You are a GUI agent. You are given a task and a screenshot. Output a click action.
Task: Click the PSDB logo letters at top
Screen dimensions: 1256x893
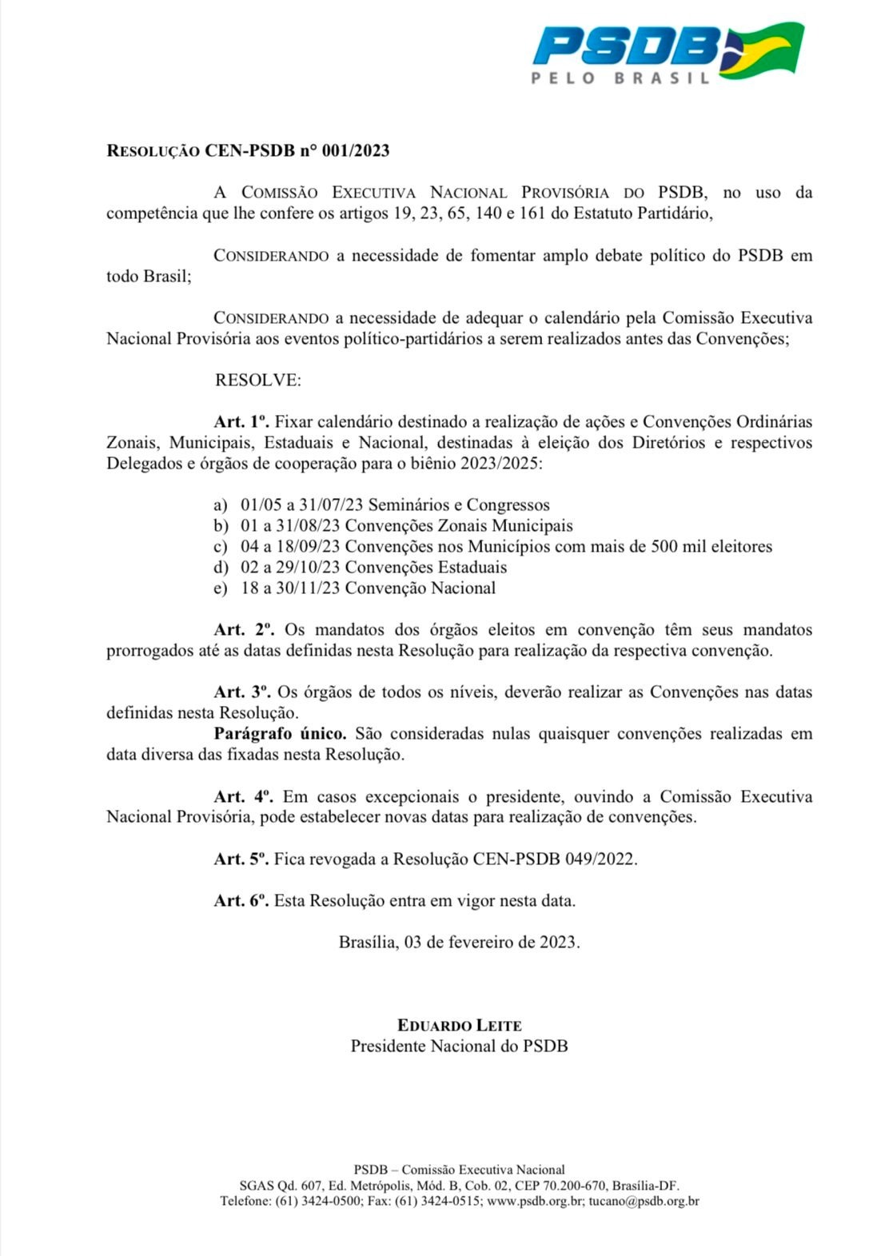click(626, 46)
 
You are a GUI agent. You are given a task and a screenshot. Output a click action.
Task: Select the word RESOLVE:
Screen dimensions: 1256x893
click(257, 380)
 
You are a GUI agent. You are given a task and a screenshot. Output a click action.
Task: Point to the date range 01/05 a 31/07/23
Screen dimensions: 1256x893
click(301, 505)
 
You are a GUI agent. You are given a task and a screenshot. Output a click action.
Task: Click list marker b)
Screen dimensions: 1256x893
click(221, 526)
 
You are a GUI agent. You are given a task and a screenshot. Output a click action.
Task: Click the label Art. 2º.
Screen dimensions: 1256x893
click(244, 630)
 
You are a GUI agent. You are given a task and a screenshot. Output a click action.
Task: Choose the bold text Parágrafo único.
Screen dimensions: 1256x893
click(280, 734)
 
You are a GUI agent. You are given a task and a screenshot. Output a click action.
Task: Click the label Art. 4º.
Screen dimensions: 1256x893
click(243, 797)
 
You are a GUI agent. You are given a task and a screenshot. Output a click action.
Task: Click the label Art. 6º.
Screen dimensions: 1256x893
click(241, 901)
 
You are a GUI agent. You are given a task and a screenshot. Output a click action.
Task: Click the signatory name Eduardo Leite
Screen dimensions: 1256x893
click(460, 1026)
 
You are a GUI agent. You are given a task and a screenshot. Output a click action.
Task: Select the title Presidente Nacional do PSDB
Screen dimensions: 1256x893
click(460, 1047)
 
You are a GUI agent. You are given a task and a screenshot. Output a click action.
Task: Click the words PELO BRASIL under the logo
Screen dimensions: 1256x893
click(621, 78)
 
